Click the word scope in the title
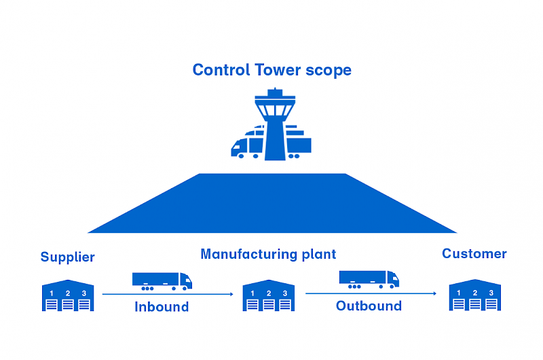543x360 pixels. pyautogui.click(x=329, y=71)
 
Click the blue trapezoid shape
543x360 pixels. pyautogui.click(x=272, y=204)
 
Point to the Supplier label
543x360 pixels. pyautogui.click(x=68, y=257)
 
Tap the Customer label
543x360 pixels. pyautogui.click(x=474, y=254)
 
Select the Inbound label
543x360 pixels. pyautogui.click(x=162, y=307)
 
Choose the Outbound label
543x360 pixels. pyautogui.click(x=369, y=306)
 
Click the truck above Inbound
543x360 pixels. pyautogui.click(x=162, y=281)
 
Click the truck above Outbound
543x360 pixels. pyautogui.click(x=369, y=279)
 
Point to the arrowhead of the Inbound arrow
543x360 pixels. pyautogui.click(x=231, y=294)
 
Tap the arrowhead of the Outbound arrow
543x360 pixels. pyautogui.click(x=435, y=293)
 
